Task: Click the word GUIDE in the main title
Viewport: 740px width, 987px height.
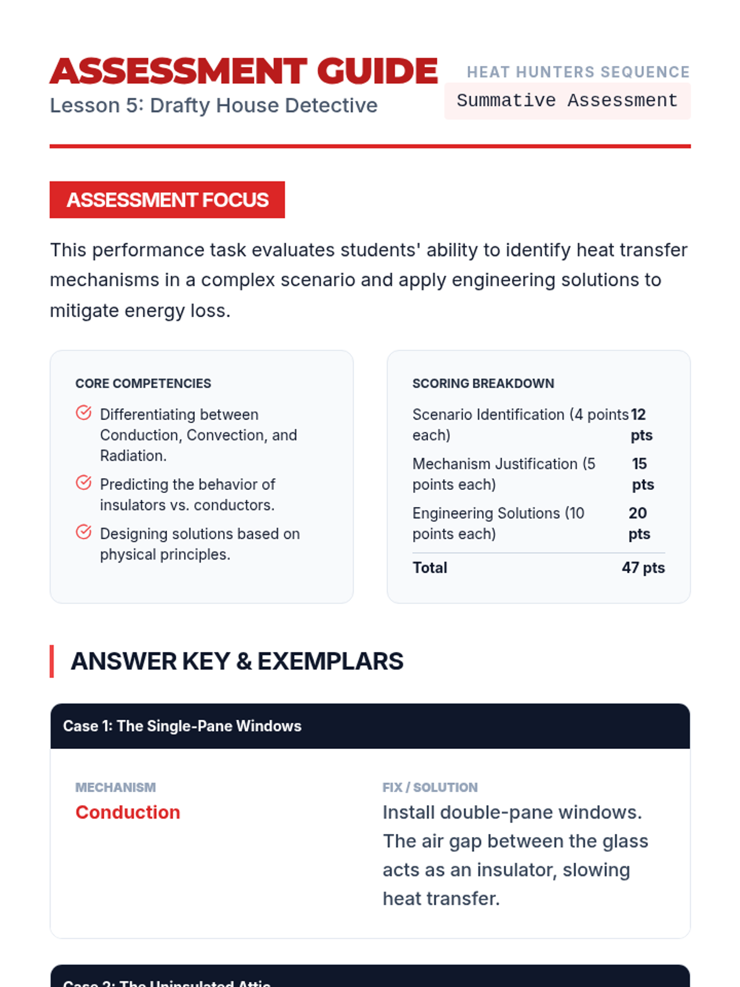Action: point(377,71)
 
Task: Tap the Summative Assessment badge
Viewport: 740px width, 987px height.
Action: point(567,101)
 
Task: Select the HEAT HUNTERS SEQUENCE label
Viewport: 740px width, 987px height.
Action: point(578,72)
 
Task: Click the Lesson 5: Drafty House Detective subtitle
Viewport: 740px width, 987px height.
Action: point(213,105)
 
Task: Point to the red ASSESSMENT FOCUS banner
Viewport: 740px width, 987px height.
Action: point(167,200)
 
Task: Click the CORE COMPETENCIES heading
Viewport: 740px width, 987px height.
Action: point(143,383)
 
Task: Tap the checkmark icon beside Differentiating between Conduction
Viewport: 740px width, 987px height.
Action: point(84,413)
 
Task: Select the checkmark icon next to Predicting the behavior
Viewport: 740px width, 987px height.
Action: point(84,482)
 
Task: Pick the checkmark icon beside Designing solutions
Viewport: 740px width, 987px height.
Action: point(84,532)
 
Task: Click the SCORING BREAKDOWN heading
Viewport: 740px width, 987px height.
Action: point(483,383)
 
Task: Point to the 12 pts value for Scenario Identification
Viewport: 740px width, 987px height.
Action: point(641,424)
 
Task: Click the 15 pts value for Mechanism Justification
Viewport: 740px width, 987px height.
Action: point(643,474)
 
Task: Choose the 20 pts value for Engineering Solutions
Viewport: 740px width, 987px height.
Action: point(639,523)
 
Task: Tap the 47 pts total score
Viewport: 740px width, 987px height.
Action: point(643,568)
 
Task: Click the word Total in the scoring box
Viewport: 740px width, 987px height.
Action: point(430,568)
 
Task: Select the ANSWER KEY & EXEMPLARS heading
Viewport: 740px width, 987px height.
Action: point(237,661)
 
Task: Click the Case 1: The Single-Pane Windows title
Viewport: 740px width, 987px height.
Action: point(182,726)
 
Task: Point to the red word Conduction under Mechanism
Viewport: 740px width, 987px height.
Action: point(128,812)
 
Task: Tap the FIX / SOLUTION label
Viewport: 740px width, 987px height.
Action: point(430,787)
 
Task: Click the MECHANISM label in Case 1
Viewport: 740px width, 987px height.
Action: point(115,787)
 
